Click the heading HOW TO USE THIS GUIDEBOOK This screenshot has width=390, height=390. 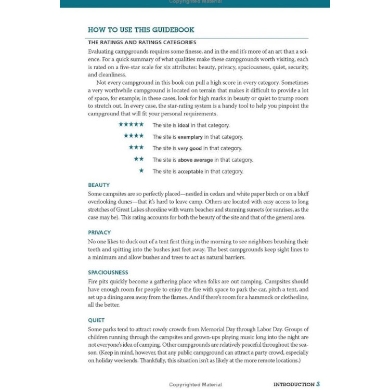(141, 30)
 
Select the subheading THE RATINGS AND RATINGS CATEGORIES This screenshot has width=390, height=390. (142, 42)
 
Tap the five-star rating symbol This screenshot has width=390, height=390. (131, 125)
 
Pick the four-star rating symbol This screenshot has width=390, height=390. (134, 136)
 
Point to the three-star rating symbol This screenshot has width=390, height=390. (136, 148)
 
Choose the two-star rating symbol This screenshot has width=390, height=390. (139, 159)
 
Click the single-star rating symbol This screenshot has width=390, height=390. (141, 171)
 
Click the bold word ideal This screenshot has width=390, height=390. (184, 125)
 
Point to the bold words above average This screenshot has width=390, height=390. (195, 160)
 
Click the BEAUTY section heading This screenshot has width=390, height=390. (99, 185)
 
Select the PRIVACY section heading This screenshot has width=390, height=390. (99, 232)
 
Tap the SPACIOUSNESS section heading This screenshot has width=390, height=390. (108, 272)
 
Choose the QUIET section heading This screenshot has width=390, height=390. (96, 320)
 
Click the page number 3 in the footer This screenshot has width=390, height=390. (318, 384)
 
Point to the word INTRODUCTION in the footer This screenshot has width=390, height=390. (294, 384)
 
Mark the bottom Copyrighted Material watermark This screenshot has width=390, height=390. (195, 385)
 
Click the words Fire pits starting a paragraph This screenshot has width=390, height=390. (97, 281)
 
